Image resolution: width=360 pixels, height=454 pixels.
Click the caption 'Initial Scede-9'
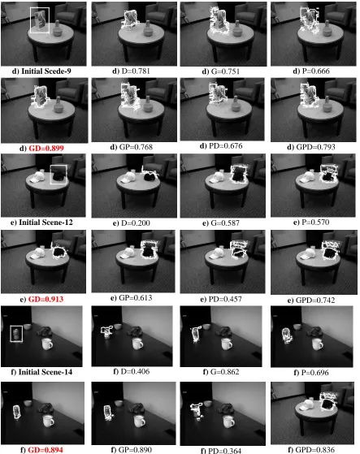click(46, 71)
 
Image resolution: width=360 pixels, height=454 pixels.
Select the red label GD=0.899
click(46, 149)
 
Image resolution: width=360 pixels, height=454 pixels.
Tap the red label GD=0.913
click(46, 299)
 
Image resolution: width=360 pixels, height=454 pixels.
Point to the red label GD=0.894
click(46, 450)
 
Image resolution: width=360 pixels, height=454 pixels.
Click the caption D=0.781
click(136, 71)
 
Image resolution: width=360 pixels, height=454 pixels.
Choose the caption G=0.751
click(225, 71)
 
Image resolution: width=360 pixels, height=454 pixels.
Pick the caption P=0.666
click(315, 71)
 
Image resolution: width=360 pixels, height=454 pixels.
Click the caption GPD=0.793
click(315, 147)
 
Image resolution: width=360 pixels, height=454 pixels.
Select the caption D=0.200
click(136, 223)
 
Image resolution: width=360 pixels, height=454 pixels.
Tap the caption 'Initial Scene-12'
click(46, 223)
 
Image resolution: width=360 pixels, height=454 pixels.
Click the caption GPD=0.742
click(315, 301)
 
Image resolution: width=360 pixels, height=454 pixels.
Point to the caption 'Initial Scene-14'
click(46, 372)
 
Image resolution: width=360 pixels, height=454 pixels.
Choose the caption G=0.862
click(225, 371)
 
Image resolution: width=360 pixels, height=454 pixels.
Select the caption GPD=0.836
click(315, 450)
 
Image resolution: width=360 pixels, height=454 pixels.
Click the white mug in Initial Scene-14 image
click(47, 344)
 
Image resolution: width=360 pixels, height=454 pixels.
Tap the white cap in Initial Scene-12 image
click(37, 177)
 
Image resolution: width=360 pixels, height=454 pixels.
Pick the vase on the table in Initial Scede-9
click(59, 29)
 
